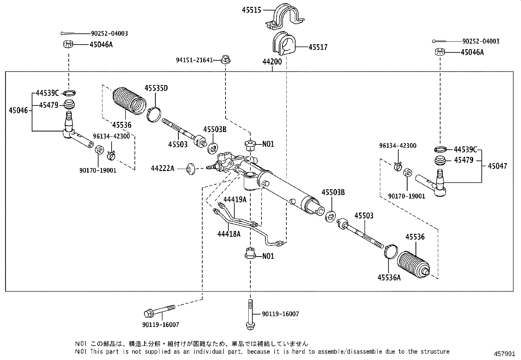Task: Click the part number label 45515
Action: point(251,10)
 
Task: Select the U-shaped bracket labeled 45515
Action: point(284,17)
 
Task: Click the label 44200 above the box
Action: point(272,62)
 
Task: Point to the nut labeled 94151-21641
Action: point(225,60)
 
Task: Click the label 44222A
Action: point(162,168)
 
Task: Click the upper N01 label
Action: point(268,144)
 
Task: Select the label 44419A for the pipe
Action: point(235,199)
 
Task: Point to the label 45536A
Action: point(389,277)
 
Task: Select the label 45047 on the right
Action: point(497,166)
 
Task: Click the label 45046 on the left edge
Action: point(18,110)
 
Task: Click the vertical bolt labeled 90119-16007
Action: point(250,314)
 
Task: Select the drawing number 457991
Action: point(506,354)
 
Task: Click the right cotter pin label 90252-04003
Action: point(481,41)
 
